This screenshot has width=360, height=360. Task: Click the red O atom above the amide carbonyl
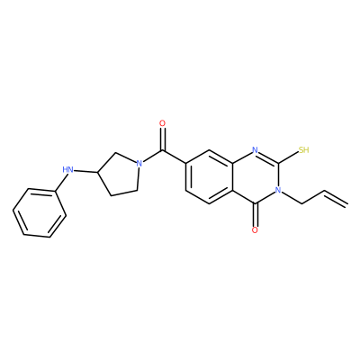pos(162,123)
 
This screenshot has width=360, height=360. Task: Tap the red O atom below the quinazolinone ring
pos(255,230)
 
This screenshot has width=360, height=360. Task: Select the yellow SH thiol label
pos(303,150)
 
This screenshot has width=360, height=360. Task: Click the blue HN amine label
pos(68,170)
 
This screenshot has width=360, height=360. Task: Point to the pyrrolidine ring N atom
pos(139,164)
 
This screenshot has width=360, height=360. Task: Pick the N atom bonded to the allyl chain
pos(278,190)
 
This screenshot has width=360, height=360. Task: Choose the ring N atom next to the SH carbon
pos(255,150)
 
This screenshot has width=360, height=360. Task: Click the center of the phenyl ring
pos(40,213)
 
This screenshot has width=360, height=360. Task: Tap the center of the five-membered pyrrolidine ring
pos(119,175)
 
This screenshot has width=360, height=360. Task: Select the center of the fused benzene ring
pos(209,177)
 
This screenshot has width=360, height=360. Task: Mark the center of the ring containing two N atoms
pos(256,177)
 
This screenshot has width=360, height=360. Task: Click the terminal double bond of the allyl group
pos(336,198)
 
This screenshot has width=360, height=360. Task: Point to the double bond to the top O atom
pos(162,139)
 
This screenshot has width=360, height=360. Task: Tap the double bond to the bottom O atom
pos(255,215)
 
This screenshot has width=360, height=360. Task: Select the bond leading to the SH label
pos(288,157)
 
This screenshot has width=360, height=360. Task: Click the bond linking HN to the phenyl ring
pos(60,183)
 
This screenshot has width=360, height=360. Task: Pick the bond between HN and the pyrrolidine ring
pos(85,171)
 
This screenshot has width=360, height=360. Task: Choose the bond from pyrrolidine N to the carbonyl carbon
pos(152,157)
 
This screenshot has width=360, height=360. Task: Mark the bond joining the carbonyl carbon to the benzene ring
pos(174,157)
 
